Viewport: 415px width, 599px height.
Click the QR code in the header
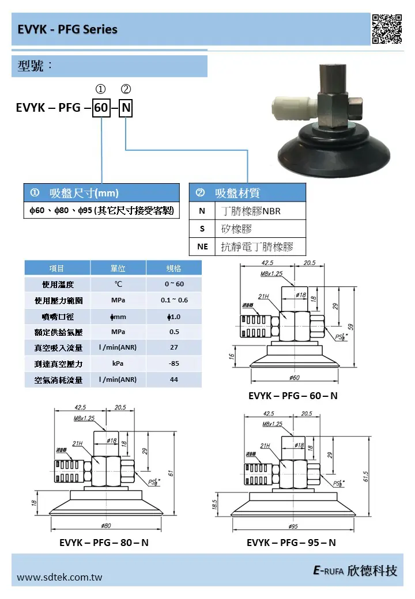click(x=387, y=29)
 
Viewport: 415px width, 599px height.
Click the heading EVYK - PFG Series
click(x=67, y=29)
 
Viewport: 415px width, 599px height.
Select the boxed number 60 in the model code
click(x=101, y=108)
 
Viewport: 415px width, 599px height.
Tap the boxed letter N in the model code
click(x=126, y=108)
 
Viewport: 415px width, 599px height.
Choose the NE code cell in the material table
click(x=202, y=247)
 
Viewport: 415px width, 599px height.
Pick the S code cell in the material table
click(x=202, y=229)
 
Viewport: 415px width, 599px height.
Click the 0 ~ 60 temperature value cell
click(x=173, y=284)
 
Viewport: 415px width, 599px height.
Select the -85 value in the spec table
click(x=173, y=363)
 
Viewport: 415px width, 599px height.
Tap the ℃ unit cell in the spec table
click(x=118, y=284)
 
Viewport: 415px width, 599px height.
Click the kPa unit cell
click(x=118, y=363)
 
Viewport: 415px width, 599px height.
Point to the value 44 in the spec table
click(x=173, y=380)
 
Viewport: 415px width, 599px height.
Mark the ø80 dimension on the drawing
click(x=105, y=525)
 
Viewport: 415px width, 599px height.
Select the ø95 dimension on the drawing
click(x=292, y=526)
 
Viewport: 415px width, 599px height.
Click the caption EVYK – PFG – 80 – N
click(x=104, y=543)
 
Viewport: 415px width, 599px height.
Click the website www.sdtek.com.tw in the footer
click(x=59, y=577)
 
